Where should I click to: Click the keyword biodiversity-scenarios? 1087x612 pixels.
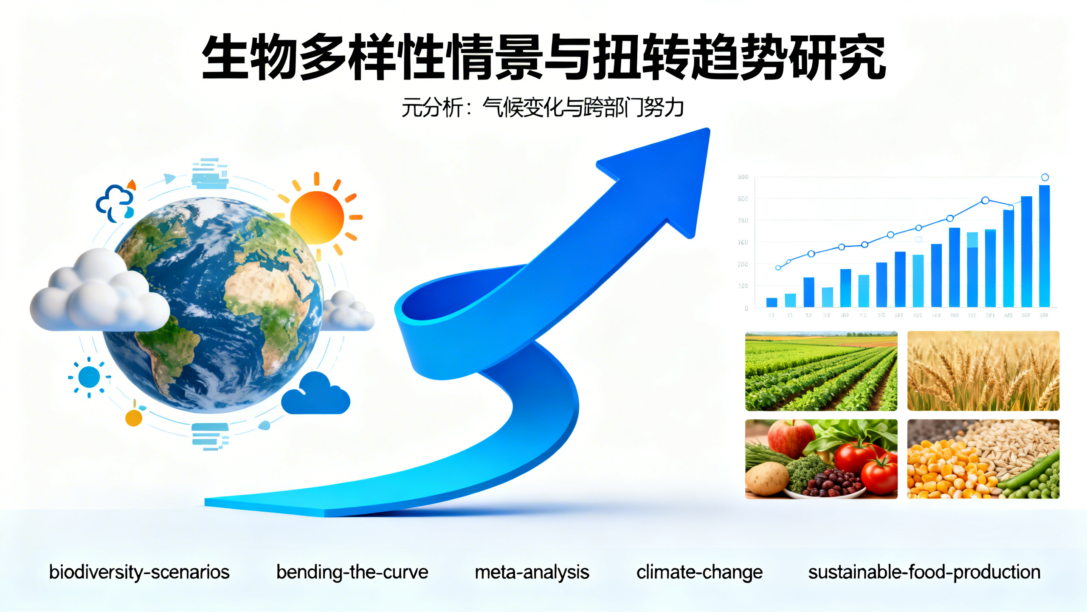[139, 572]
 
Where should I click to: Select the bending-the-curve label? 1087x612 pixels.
[352, 572]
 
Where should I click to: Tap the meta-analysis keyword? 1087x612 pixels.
[532, 572]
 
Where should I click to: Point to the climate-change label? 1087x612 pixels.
[699, 572]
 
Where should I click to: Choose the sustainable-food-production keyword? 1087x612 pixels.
[924, 572]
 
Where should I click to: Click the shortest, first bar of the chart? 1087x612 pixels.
[772, 302]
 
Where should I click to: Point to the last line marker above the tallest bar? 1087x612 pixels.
[1045, 177]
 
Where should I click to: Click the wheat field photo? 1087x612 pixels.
[983, 371]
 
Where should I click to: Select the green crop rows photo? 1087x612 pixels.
[821, 371]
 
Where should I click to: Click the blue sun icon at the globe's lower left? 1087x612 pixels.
[89, 377]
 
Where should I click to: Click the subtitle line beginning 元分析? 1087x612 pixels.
[542, 108]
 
